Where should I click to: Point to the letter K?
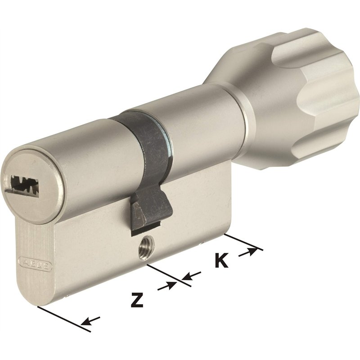tap(220, 260)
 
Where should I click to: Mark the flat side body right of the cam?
tap(198, 202)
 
